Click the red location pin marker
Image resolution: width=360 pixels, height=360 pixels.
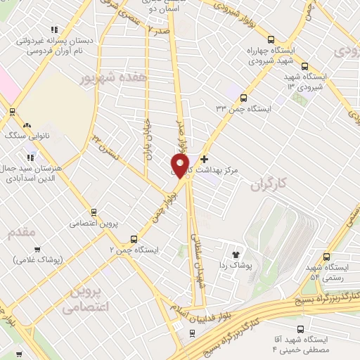(x=181, y=166)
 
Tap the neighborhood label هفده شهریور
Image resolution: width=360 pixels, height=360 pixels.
(x=113, y=78)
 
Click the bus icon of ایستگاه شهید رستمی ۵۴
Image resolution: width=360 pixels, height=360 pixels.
(x=325, y=257)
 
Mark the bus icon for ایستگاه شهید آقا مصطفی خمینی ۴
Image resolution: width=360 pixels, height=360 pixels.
(x=301, y=328)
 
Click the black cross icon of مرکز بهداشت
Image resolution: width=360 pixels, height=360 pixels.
(x=205, y=158)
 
